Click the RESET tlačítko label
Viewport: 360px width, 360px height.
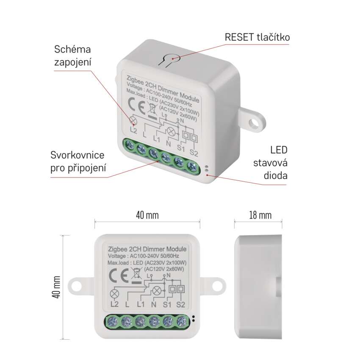pyautogui.click(x=258, y=37)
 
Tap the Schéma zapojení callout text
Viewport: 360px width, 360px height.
pyautogui.click(x=73, y=55)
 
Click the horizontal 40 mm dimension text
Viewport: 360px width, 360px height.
pyautogui.click(x=147, y=215)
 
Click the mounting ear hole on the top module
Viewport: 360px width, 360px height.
pyautogui.click(x=254, y=122)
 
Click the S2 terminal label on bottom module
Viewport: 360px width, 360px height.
pyautogui.click(x=181, y=304)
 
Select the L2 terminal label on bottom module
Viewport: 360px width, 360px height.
pyautogui.click(x=114, y=304)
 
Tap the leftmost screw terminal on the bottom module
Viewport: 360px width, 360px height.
pyautogui.click(x=114, y=321)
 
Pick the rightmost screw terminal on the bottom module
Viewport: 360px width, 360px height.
pyautogui.click(x=182, y=321)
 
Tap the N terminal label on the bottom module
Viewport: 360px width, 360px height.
pyautogui.click(x=154, y=304)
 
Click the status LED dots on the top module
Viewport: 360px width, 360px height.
pyautogui.click(x=206, y=169)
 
